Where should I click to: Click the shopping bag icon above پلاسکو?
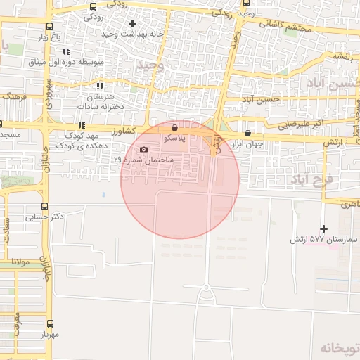174,128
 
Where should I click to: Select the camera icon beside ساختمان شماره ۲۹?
144,149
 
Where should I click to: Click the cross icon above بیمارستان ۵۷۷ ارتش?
323,229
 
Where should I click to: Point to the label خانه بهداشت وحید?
133,34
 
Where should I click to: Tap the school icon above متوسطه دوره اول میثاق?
67,51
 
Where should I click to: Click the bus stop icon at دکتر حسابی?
46,206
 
